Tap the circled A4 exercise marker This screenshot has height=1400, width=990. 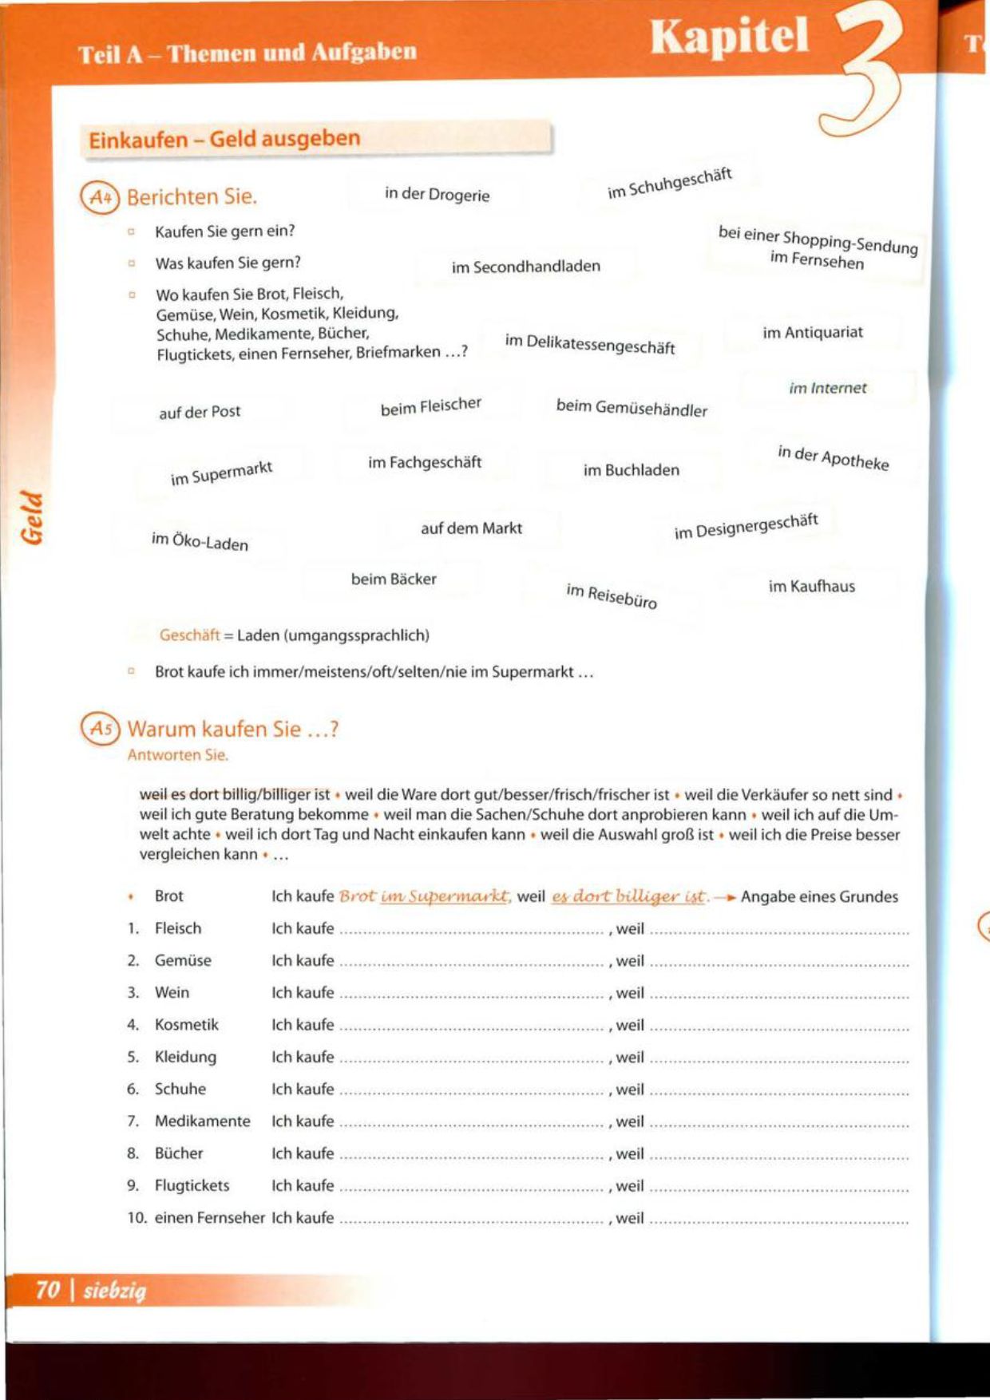[x=100, y=197]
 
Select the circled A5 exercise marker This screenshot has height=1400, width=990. [x=100, y=729]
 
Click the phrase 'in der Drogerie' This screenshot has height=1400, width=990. [x=437, y=194]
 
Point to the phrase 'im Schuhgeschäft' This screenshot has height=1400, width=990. [x=669, y=184]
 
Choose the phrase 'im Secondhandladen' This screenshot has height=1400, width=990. [x=525, y=267]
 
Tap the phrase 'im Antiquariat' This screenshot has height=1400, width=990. [x=812, y=332]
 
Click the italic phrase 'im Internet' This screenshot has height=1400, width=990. [x=827, y=388]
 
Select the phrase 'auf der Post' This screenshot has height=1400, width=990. [x=200, y=412]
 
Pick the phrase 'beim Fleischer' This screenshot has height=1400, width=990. [x=430, y=406]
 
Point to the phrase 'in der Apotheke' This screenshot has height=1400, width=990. [x=833, y=457]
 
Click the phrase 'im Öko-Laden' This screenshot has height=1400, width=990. [x=200, y=542]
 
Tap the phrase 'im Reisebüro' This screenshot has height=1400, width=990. [x=612, y=595]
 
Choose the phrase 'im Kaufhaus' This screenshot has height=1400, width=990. [x=811, y=587]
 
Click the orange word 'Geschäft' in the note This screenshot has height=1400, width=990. [x=189, y=635]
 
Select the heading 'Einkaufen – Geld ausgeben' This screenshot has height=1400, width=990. [x=224, y=139]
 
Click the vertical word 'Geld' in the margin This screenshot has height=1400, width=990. [x=32, y=517]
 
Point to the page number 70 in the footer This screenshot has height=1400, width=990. [x=48, y=1289]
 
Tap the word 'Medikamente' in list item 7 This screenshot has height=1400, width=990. [x=202, y=1121]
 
